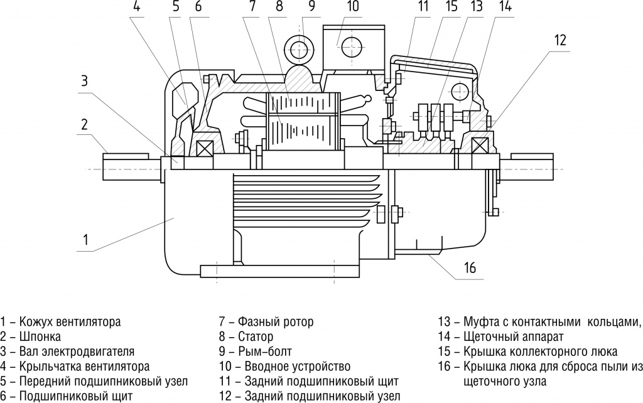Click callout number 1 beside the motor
coord(85,239)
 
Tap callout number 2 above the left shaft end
coord(84,123)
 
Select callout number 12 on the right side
coord(560,40)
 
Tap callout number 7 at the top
coord(252,8)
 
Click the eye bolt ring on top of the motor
coord(300,48)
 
